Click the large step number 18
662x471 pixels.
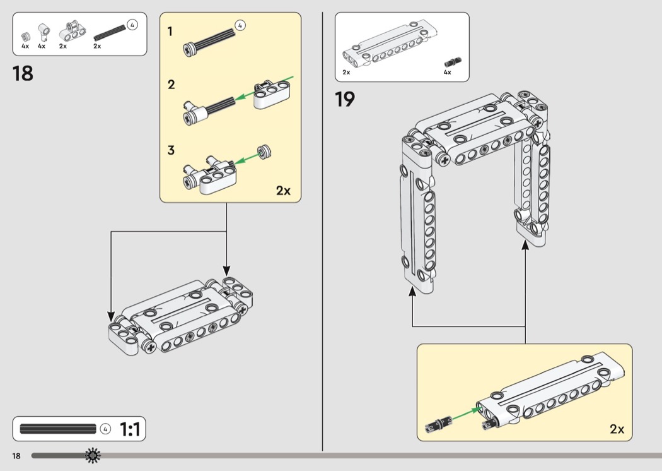point(23,73)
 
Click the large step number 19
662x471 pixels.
point(345,99)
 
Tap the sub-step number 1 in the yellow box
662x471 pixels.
point(171,31)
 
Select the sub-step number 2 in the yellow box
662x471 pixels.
point(171,84)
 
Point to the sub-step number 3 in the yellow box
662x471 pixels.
point(171,151)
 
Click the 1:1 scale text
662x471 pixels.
point(130,430)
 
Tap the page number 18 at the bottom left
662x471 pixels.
point(16,455)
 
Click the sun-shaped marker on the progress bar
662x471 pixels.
point(93,455)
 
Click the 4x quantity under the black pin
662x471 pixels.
point(447,72)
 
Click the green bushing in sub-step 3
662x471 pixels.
point(265,152)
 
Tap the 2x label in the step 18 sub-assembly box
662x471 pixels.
point(283,191)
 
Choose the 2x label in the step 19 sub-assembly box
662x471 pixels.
point(617,429)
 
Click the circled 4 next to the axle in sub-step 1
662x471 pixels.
point(240,25)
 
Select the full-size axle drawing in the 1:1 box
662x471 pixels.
point(58,429)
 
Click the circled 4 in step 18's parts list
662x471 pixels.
point(132,25)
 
